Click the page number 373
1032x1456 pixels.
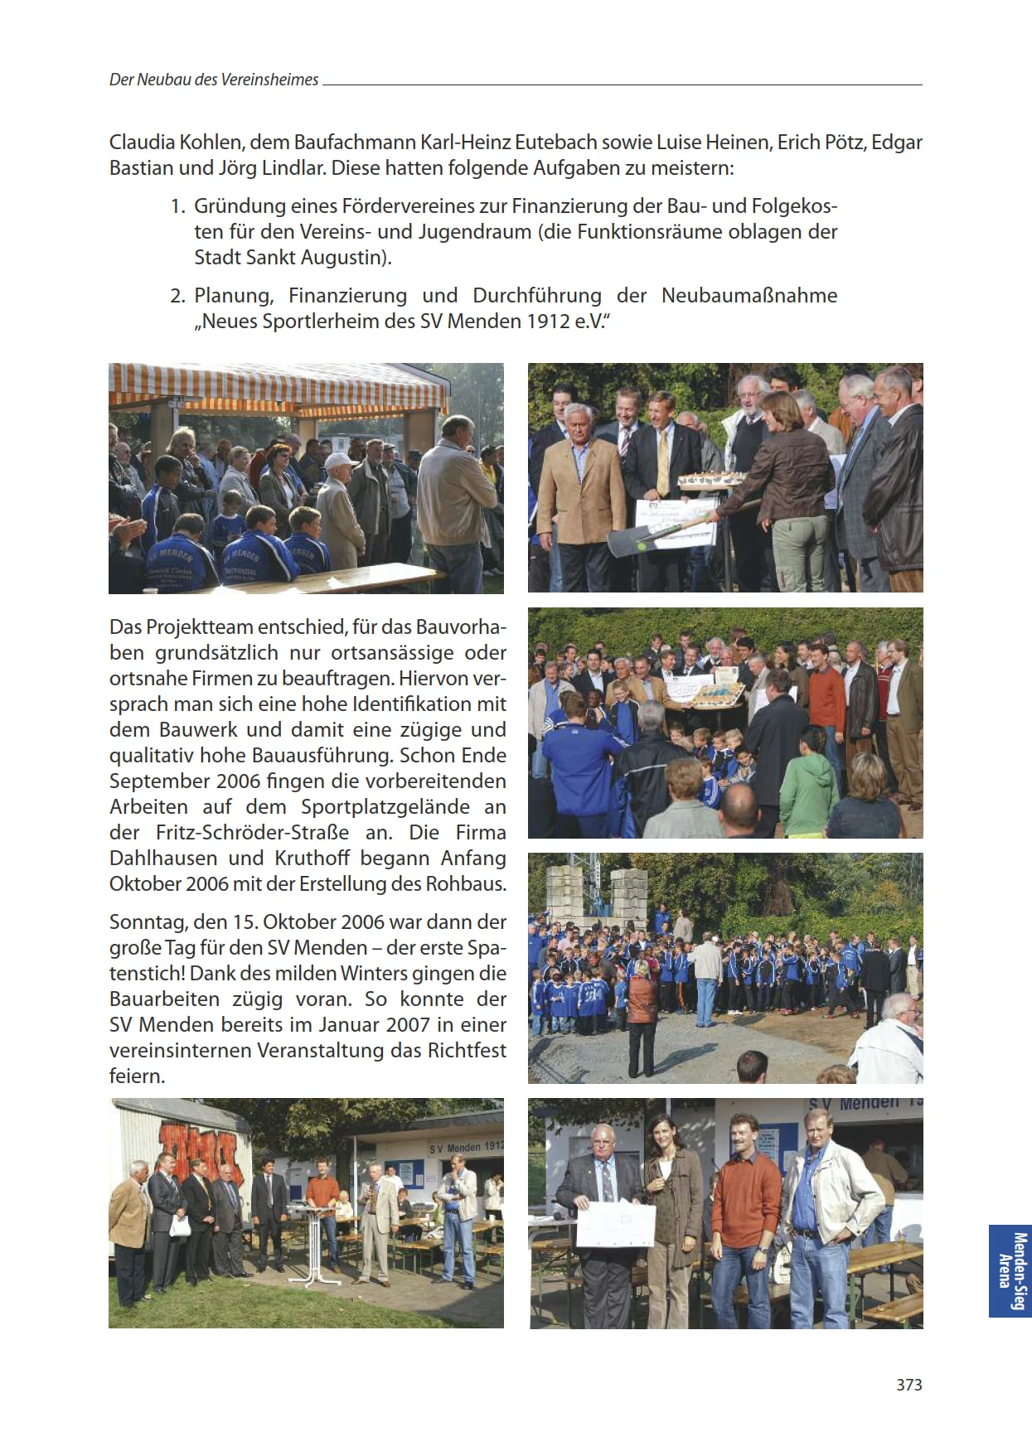tap(908, 1385)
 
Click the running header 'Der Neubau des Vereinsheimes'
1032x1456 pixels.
tap(214, 80)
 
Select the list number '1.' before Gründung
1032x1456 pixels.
tap(177, 206)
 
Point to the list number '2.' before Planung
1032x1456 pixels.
tap(177, 296)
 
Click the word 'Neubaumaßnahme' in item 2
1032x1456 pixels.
tap(749, 296)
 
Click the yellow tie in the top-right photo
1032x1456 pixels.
tap(662, 460)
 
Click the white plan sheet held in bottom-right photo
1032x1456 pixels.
tap(615, 1225)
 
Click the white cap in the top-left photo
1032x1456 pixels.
tap(338, 461)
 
